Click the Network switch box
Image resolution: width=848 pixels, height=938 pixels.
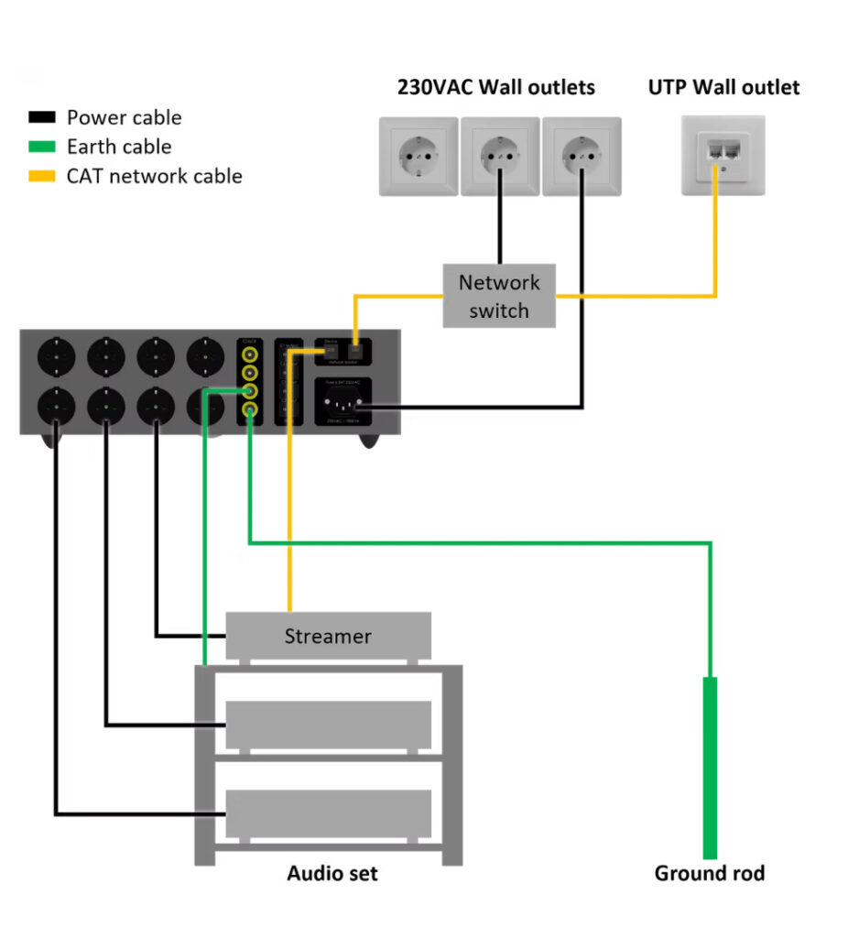point(499,296)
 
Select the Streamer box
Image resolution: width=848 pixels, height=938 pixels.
point(328,636)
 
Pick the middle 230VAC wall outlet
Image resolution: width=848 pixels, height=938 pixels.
point(500,156)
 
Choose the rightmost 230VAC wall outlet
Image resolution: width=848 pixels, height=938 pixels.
point(581,156)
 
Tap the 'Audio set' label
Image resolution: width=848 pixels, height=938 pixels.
point(332,873)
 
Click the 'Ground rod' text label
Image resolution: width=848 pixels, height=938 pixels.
point(709,873)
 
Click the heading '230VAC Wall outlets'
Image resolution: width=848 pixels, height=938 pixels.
point(495,87)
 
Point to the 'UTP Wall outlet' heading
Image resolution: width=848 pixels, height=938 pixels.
point(723,87)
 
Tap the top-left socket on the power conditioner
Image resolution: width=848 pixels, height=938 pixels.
point(53,356)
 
